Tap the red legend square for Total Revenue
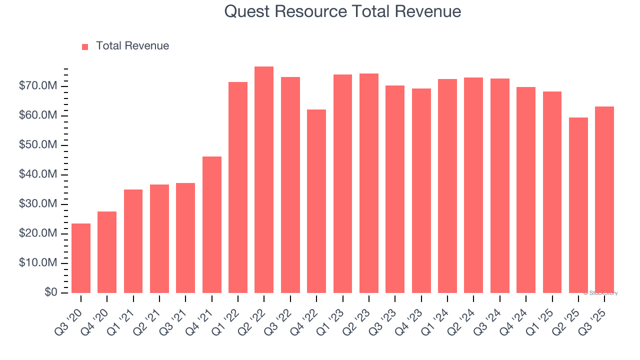(x=85, y=46)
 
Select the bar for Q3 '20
(x=81, y=258)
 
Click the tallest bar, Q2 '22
(x=264, y=179)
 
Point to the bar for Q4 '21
(x=212, y=224)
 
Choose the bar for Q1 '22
(x=238, y=187)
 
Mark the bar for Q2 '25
(x=578, y=205)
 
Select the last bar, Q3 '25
(x=604, y=199)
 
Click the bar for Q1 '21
(x=133, y=241)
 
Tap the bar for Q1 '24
(x=447, y=186)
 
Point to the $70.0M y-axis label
(x=38, y=86)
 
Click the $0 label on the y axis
(x=50, y=292)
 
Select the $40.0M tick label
(x=38, y=174)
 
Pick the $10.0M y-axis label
(x=38, y=263)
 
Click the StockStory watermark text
(x=600, y=293)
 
